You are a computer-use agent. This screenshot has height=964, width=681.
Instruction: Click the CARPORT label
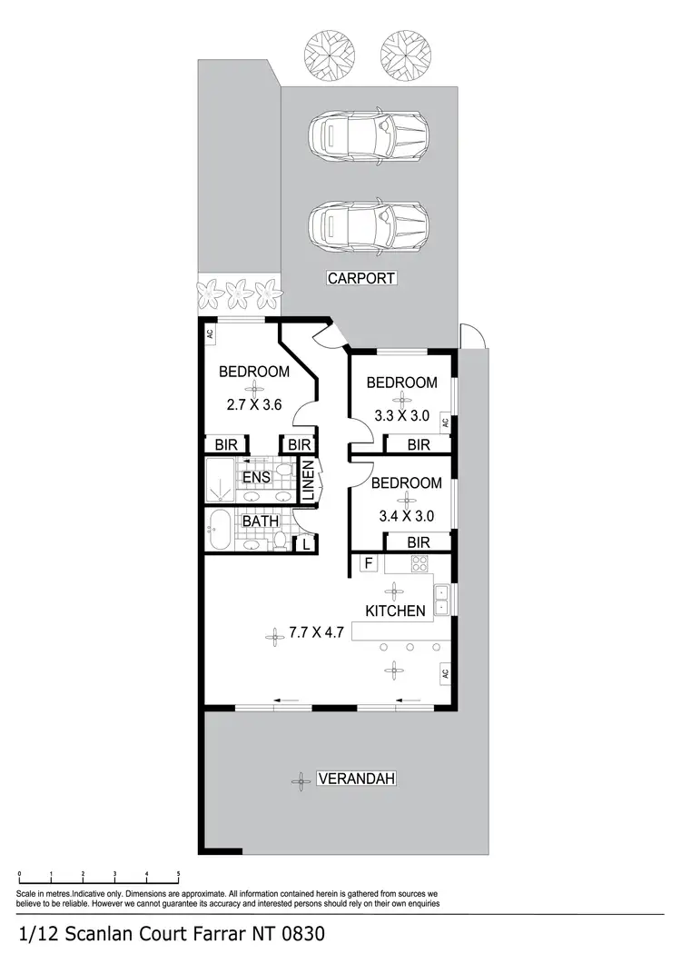(361, 278)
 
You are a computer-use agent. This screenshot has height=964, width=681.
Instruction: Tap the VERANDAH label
(358, 779)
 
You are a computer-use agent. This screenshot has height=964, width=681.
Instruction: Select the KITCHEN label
(396, 611)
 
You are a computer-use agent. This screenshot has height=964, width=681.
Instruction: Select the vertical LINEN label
(308, 482)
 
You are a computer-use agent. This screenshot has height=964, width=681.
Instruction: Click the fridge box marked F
(368, 563)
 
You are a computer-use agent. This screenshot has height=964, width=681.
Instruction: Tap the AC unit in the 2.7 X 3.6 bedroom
(210, 333)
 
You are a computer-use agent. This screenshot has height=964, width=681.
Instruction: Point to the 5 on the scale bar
(179, 874)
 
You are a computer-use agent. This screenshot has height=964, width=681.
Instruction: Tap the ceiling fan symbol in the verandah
(298, 779)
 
